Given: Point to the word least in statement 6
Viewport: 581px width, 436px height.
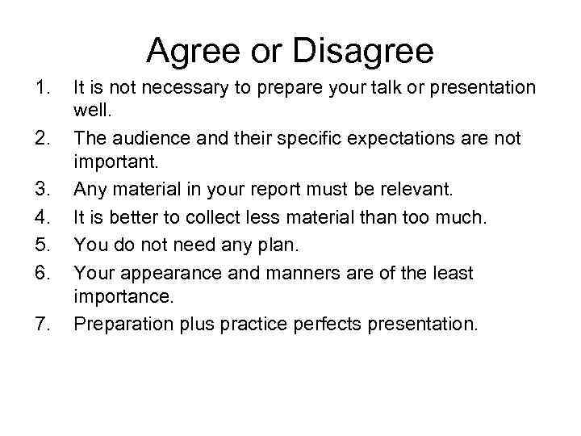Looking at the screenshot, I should click(x=451, y=272).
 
